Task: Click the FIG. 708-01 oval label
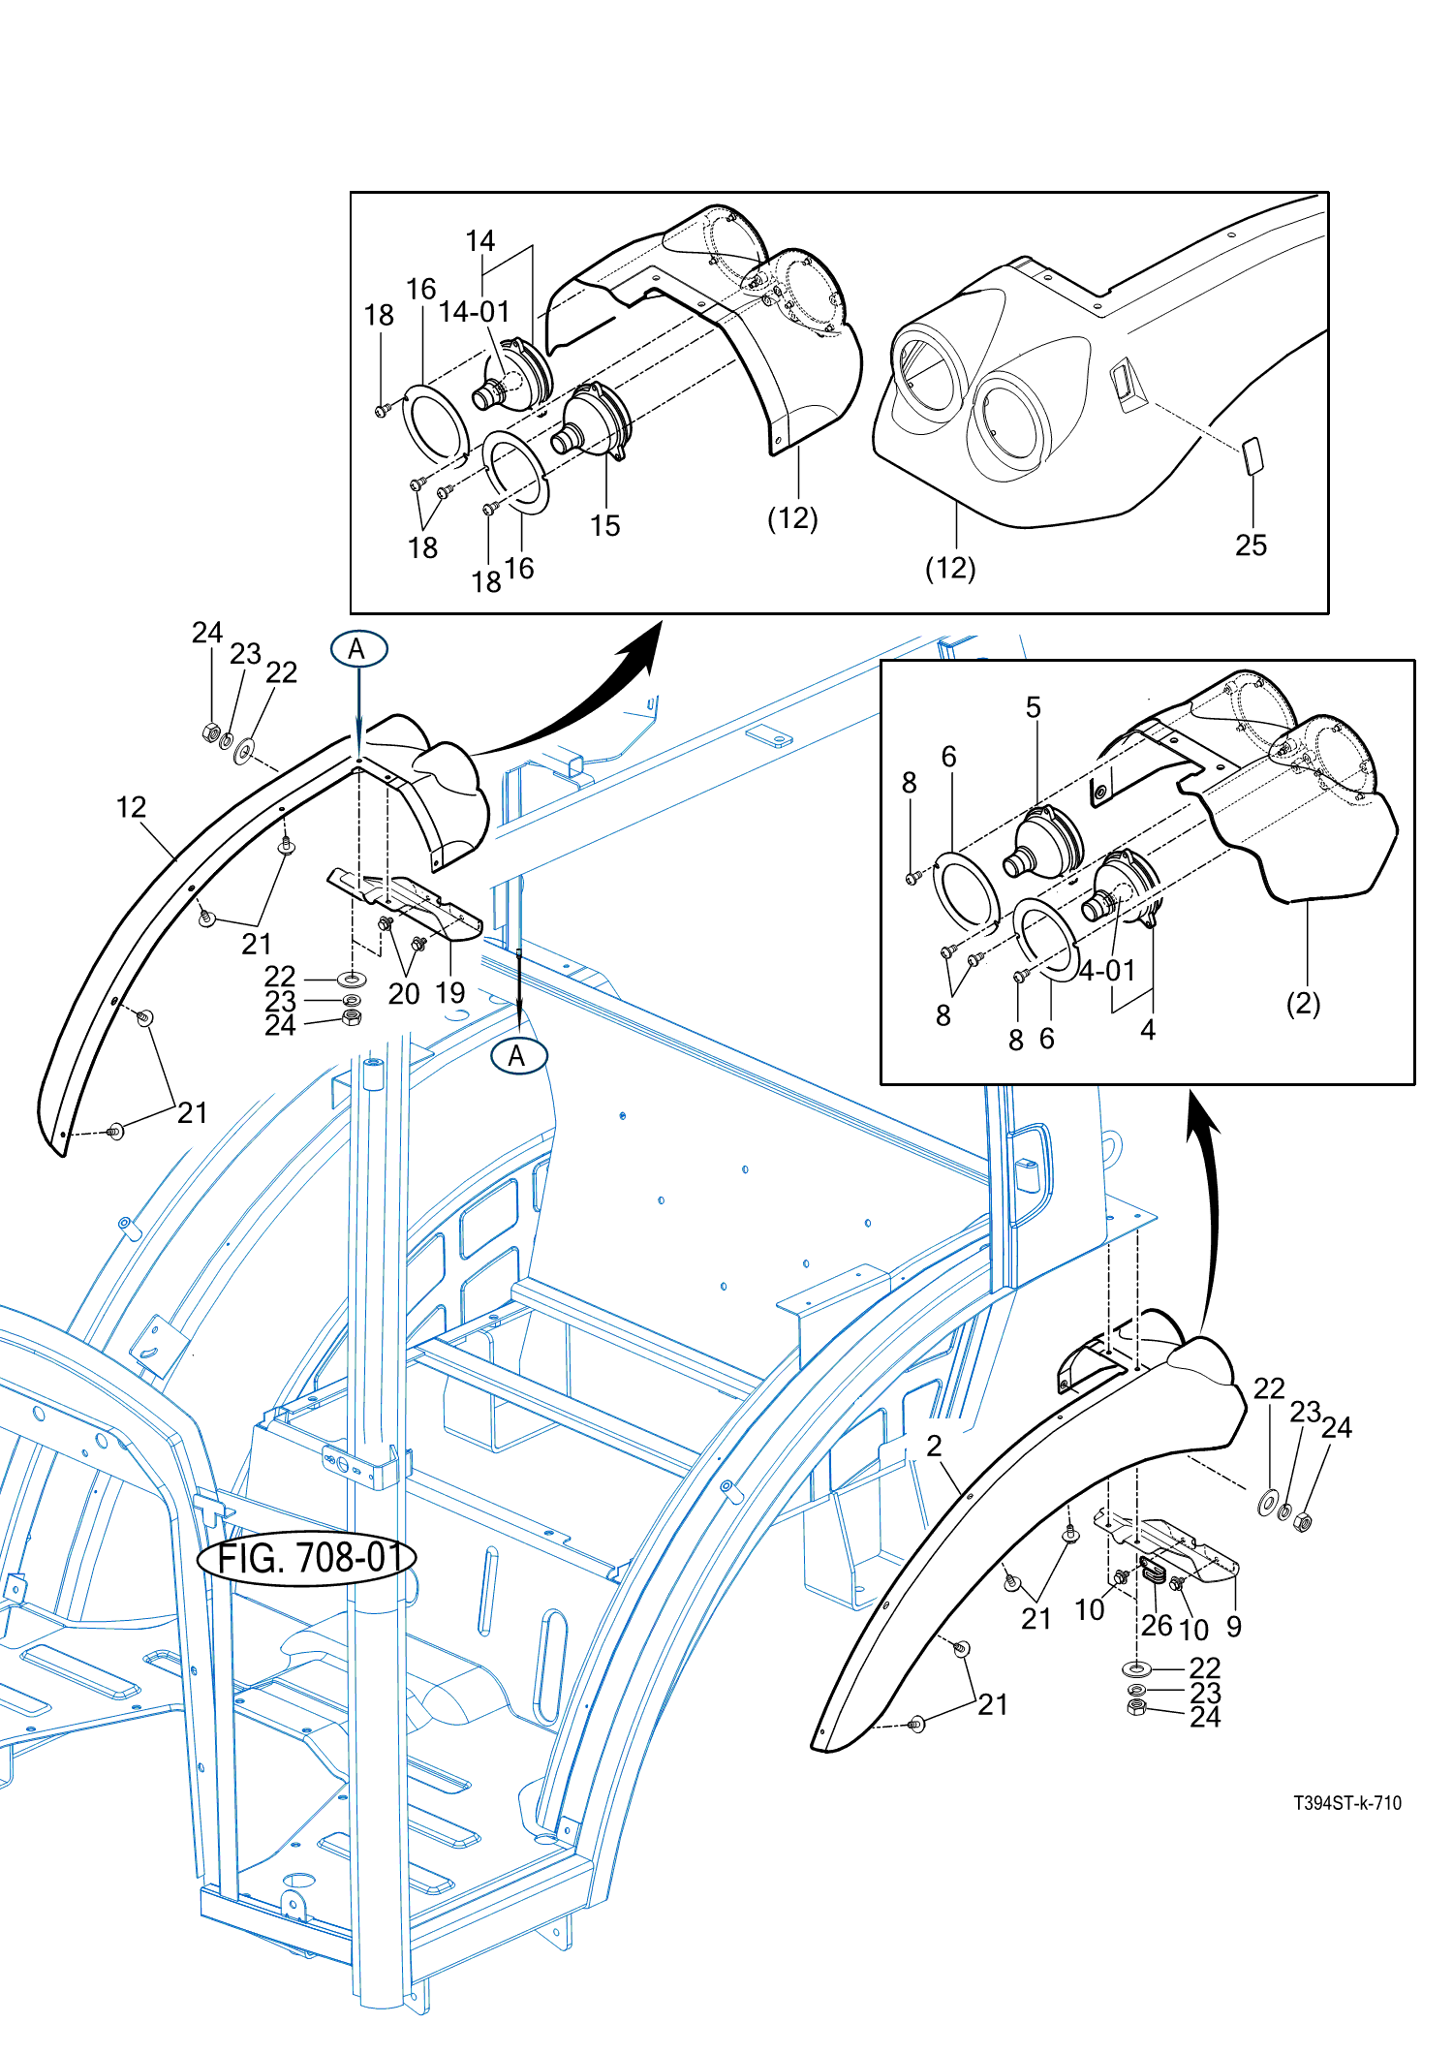pos(306,1558)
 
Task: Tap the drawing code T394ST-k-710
pos(1346,1803)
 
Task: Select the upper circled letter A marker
pos(358,649)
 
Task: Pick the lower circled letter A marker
pos(518,1056)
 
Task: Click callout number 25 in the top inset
pos(1251,545)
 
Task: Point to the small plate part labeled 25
pos(1252,455)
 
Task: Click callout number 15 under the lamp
pos(604,526)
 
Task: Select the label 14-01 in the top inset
pos(474,312)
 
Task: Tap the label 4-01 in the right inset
pos(1107,970)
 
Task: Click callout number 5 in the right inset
pos(1034,708)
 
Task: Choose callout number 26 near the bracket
pos(1157,1625)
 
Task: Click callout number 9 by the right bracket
pos(1234,1626)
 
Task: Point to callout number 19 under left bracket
pos(450,993)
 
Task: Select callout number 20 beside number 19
pos(404,994)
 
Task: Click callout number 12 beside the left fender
pos(132,807)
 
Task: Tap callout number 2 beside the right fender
pos(934,1447)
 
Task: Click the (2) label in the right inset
pos(1303,1004)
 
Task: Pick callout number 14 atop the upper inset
pos(479,241)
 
